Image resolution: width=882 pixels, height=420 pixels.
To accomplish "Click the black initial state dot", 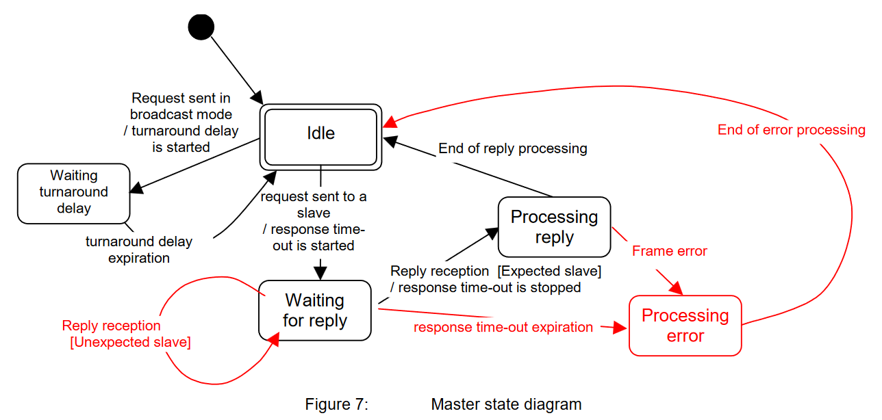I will coord(201,27).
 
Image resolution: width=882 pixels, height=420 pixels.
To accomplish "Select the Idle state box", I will coord(320,134).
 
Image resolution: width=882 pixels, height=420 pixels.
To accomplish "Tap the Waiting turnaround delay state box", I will coord(73,193).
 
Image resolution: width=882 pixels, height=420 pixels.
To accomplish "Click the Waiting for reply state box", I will coord(314,311).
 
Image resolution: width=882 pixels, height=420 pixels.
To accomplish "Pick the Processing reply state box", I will coord(554,227).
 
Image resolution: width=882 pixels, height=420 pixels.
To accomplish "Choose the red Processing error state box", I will coord(685,326).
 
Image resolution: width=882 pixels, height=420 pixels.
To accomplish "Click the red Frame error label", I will coord(669,251).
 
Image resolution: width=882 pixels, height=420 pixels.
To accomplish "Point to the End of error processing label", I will coord(791,130).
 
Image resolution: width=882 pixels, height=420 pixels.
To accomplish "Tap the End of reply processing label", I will coord(512,148).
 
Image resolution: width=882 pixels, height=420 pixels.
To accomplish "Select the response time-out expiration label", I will coord(503,327).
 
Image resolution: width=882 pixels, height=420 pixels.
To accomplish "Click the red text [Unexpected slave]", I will coord(130,342).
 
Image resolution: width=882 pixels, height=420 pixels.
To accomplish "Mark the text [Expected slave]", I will coord(549,271).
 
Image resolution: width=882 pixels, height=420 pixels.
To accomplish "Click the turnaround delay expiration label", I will coord(139,250).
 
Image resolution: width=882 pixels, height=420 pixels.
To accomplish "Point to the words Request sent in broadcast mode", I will coord(181,106).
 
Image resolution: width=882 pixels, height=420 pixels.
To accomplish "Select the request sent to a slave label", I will coord(314,205).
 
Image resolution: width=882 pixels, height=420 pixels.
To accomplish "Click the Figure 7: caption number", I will coord(336,404).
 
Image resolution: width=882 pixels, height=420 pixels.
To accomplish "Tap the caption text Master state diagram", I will coord(506,404).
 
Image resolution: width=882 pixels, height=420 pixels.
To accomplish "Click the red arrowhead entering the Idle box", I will coord(389,122).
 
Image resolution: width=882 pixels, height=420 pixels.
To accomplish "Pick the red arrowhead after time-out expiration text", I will coord(620,328).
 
